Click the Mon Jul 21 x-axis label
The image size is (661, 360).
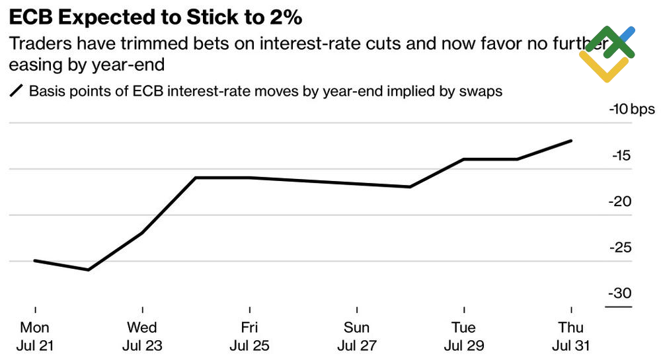click(35, 336)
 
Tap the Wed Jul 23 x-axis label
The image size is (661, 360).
click(142, 336)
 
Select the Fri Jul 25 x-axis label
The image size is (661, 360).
click(249, 336)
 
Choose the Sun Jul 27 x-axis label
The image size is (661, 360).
click(357, 336)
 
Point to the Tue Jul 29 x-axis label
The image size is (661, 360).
click(464, 336)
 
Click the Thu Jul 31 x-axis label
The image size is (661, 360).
click(571, 336)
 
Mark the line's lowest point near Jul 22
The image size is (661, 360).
click(89, 270)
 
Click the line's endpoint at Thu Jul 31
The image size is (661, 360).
click(571, 141)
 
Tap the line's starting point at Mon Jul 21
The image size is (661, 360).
click(35, 261)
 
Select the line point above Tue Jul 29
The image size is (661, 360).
click(464, 159)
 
